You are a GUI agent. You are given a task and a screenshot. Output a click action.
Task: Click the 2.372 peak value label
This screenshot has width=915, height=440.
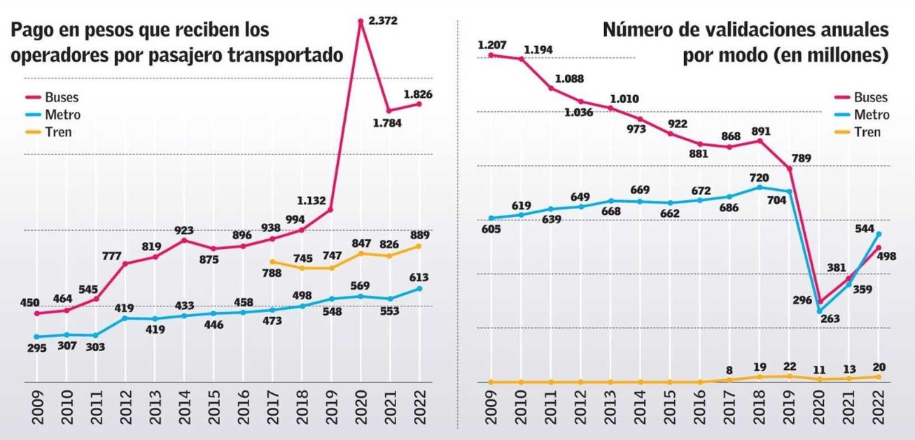tap(383, 21)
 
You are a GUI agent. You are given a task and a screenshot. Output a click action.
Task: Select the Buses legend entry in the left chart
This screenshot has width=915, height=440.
tap(61, 98)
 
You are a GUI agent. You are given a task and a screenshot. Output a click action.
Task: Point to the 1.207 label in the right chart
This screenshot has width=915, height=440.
tap(491, 45)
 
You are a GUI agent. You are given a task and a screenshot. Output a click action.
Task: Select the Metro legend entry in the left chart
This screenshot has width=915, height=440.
tap(61, 115)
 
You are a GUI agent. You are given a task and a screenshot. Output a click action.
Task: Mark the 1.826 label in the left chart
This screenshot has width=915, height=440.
tap(420, 92)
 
